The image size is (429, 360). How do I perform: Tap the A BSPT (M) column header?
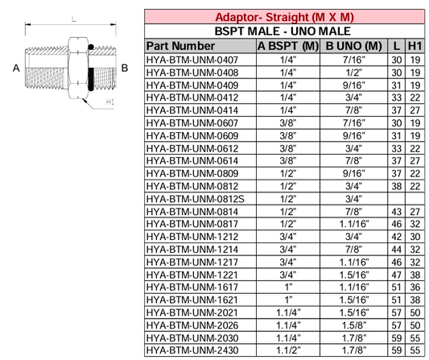click(287, 46)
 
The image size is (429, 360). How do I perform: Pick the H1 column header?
click(415, 46)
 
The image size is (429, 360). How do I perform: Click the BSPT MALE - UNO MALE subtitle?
click(285, 31)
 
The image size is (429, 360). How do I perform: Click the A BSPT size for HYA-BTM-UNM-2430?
click(287, 350)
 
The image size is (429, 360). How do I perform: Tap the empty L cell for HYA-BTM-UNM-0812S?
click(395, 198)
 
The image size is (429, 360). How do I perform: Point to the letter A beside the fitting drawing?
click(16, 68)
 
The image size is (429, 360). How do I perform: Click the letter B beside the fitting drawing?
click(124, 68)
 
